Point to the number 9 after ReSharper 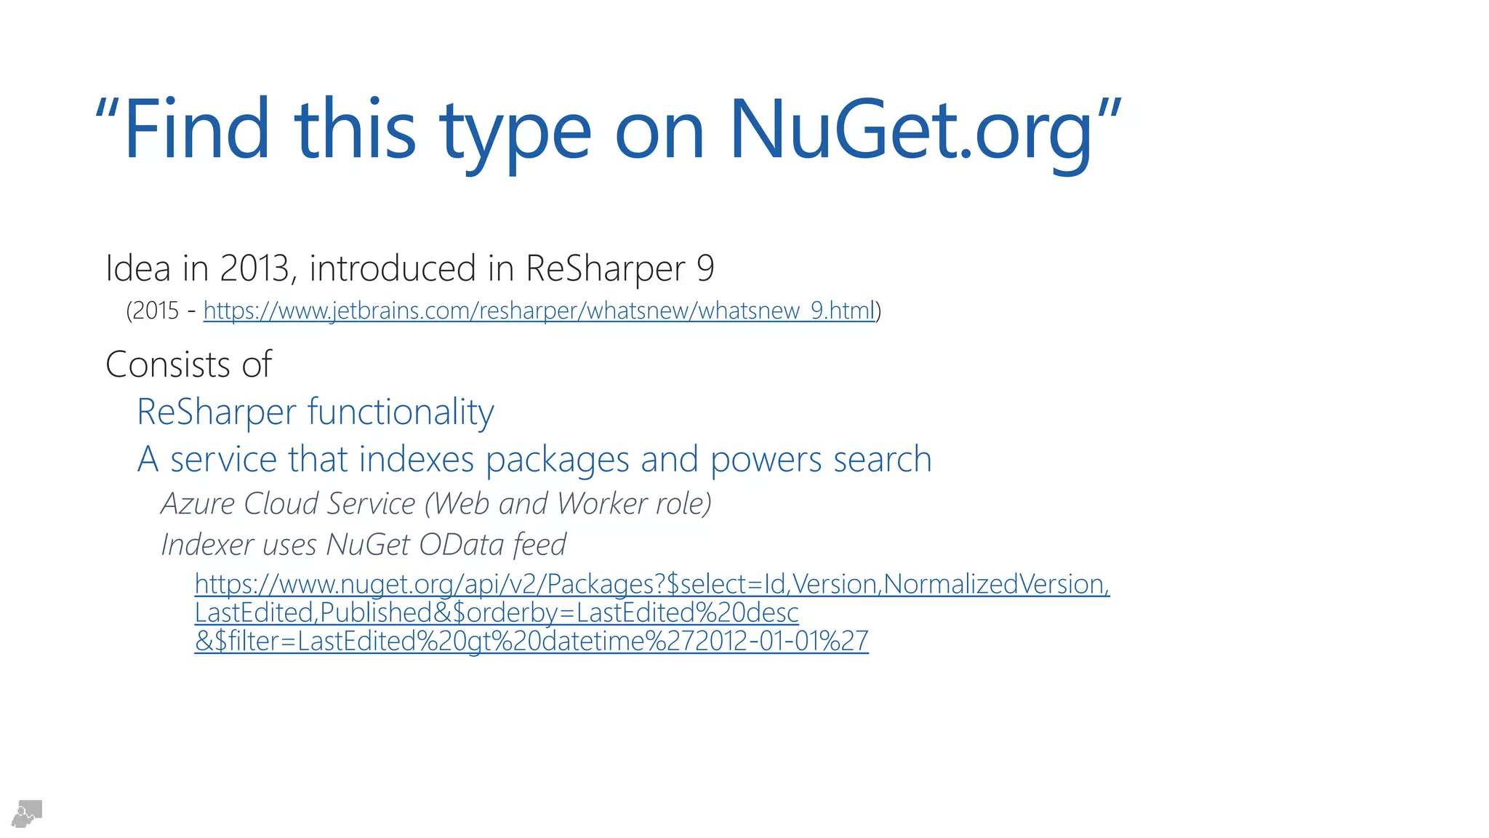click(x=705, y=268)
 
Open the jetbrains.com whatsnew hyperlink click(x=538, y=311)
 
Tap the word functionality click(x=401, y=412)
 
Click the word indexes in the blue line click(x=417, y=460)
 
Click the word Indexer click(x=208, y=545)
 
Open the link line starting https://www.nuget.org click(x=651, y=584)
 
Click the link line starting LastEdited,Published click(x=497, y=612)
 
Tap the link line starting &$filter click(x=531, y=641)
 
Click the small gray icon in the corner click(x=27, y=813)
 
